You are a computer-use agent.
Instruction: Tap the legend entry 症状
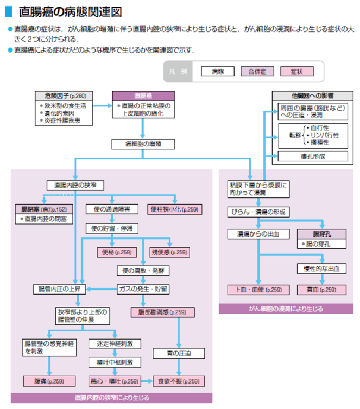point(296,71)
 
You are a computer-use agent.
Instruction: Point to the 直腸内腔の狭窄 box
point(72,184)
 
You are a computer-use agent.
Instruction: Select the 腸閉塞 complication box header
point(41,209)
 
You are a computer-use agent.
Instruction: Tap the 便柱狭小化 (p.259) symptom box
point(174,209)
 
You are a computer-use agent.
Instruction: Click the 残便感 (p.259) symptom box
point(169,252)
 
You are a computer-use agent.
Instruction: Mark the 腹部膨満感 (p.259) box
point(158,312)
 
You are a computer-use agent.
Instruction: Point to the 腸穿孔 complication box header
point(315,234)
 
